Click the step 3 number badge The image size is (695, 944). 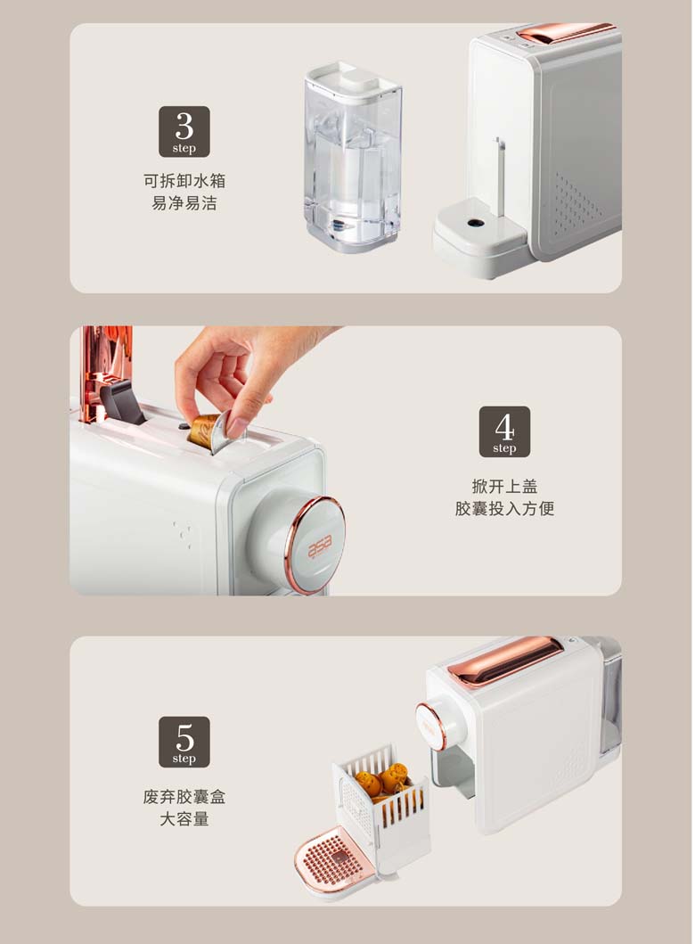tap(184, 132)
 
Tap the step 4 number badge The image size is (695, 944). tap(504, 431)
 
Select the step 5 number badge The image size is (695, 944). tap(184, 742)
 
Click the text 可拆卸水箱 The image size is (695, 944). tap(184, 181)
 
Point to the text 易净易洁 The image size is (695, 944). tap(184, 203)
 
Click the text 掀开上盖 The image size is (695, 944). tap(504, 486)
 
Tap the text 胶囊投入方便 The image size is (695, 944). tap(504, 509)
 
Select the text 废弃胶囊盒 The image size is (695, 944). tap(184, 797)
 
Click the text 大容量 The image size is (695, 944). tap(184, 819)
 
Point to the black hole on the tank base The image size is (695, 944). tap(476, 223)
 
